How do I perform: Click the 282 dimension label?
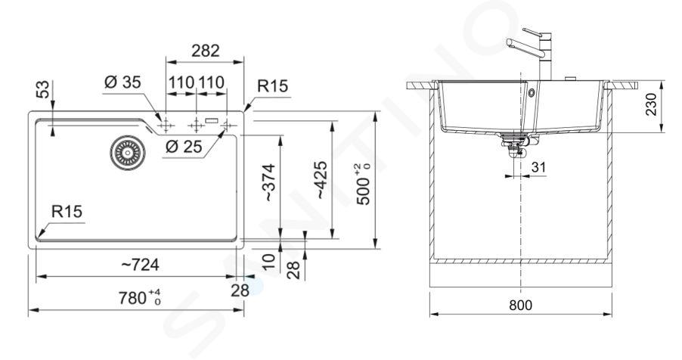point(206,51)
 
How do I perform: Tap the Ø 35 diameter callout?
point(122,82)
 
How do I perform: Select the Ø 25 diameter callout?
point(184,147)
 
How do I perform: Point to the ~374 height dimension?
point(269,182)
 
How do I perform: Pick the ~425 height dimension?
point(321,180)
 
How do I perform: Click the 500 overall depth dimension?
point(364,184)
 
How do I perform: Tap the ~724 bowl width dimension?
point(139,264)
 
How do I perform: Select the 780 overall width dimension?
point(140,298)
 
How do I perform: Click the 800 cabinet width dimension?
point(520,305)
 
